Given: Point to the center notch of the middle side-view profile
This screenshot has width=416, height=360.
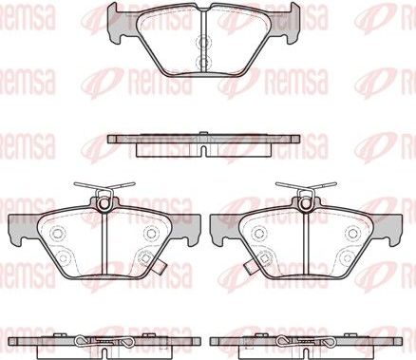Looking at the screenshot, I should (204, 150).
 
